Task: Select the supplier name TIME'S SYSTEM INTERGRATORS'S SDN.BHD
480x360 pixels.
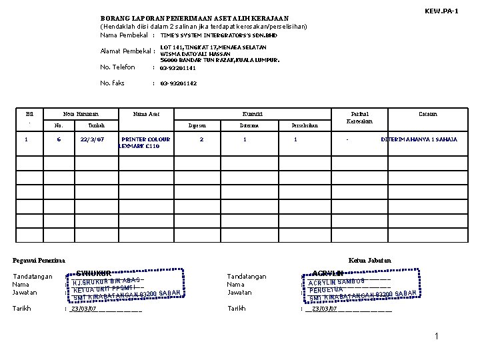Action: tap(219, 35)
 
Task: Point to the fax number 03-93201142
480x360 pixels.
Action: tap(179, 83)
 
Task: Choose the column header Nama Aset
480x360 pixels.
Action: tap(146, 114)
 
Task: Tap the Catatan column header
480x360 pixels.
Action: tap(428, 114)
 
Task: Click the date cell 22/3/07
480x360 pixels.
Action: tap(91, 139)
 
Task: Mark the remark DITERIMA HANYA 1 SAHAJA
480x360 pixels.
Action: tap(419, 139)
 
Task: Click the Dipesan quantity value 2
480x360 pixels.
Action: tap(201, 139)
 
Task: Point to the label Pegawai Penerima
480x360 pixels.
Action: tap(39, 260)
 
